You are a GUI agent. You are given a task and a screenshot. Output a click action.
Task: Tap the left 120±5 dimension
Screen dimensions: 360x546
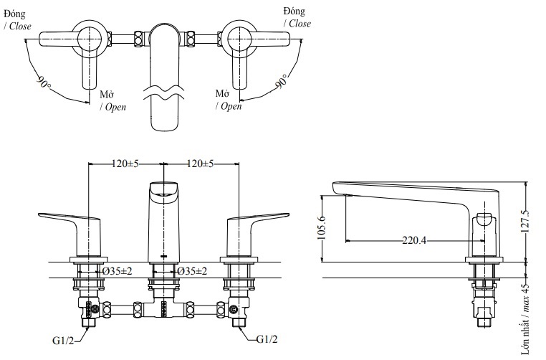click(x=125, y=164)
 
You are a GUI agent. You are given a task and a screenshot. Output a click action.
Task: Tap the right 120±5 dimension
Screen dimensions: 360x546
click(x=200, y=164)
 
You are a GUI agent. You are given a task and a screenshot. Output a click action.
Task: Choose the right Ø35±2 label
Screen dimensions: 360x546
click(x=191, y=271)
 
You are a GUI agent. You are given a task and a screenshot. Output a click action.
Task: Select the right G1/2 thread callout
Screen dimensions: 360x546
click(x=267, y=340)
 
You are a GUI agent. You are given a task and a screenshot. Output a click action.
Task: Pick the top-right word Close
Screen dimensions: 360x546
click(x=300, y=24)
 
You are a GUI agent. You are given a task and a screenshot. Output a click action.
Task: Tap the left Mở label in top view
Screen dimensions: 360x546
click(x=106, y=94)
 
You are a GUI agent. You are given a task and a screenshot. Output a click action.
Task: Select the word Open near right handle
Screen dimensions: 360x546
click(x=231, y=106)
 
